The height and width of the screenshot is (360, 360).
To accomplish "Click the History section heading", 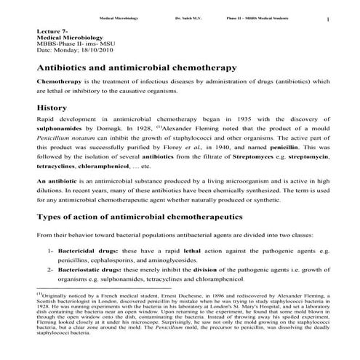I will (x=52, y=108).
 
